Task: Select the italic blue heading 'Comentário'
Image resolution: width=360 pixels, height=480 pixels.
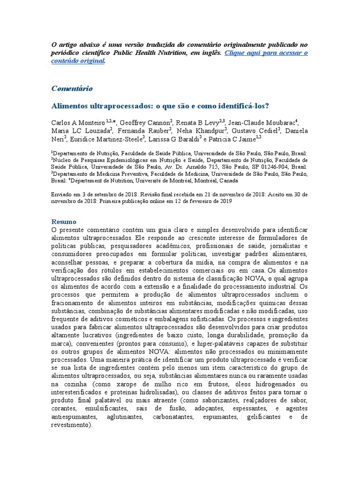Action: (72, 88)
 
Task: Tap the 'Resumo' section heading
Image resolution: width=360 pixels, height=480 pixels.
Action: (63, 221)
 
